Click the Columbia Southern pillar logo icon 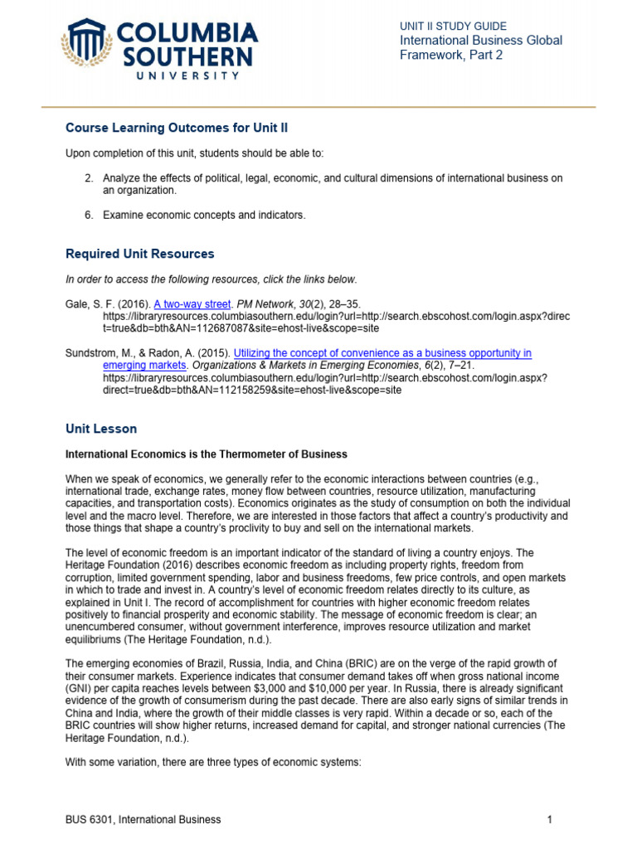[x=86, y=42]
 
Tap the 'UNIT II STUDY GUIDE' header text [x=453, y=27]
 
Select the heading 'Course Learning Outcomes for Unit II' [x=177, y=128]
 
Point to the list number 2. [x=89, y=178]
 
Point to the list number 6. [x=89, y=216]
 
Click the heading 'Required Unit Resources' [x=139, y=254]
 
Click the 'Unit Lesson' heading [x=101, y=429]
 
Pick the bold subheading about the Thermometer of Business [x=206, y=454]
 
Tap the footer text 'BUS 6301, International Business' [x=143, y=819]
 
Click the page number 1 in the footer [x=549, y=819]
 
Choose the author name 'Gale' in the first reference [x=77, y=305]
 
